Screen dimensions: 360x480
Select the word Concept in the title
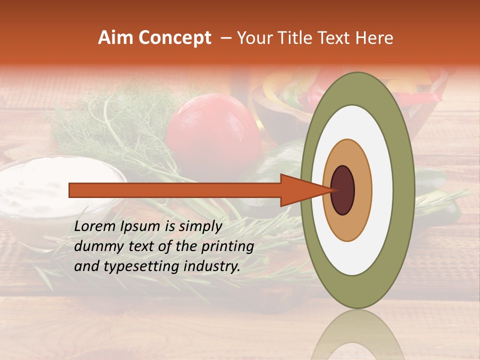pyautogui.click(x=175, y=38)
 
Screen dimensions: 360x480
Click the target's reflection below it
pyautogui.click(x=357, y=335)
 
